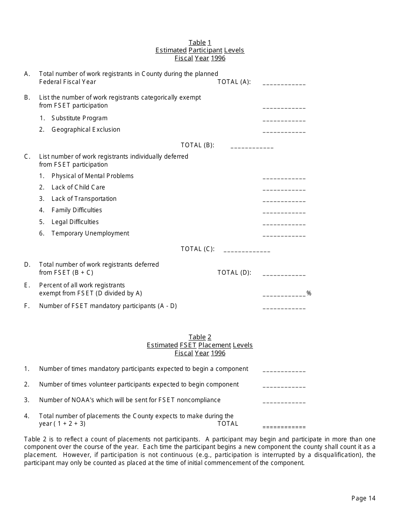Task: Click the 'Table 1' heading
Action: click(200, 43)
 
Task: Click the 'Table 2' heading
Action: click(200, 337)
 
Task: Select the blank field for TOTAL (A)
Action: click(284, 84)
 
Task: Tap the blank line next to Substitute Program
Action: click(284, 120)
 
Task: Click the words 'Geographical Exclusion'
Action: click(85, 130)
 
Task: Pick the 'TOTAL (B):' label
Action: click(197, 145)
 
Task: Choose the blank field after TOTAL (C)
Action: click(247, 251)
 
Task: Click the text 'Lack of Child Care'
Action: click(78, 187)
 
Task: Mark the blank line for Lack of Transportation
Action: click(284, 200)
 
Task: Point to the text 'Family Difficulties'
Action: click(77, 210)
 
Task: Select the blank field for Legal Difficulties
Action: click(284, 224)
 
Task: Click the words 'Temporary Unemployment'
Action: click(90, 233)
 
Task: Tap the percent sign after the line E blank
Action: click(309, 293)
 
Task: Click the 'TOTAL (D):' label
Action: click(234, 273)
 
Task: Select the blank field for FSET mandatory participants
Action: click(284, 308)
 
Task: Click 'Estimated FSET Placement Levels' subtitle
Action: click(200, 345)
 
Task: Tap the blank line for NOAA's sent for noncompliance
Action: click(284, 402)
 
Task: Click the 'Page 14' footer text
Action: click(363, 498)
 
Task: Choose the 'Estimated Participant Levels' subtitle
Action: click(200, 50)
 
